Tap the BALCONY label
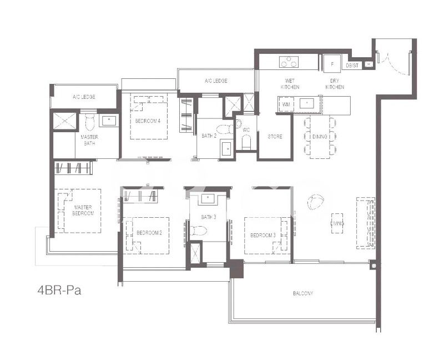304,293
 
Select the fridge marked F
332,64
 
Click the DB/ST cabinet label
352,66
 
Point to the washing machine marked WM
286,104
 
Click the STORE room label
275,136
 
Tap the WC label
246,131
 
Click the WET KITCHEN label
290,84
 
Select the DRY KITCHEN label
334,84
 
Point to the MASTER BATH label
89,140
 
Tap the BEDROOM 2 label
149,233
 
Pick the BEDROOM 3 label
263,235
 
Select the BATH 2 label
208,136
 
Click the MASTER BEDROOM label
83,210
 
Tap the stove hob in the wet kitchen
288,62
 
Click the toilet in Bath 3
198,231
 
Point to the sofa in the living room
365,222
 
